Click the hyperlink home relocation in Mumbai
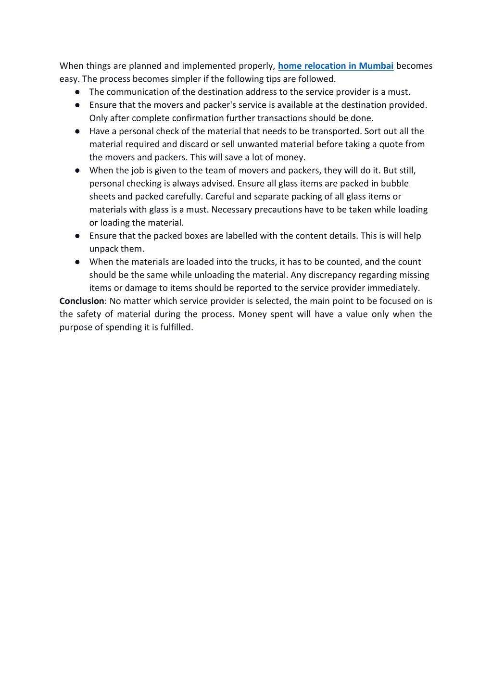(335, 66)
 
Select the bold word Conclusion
(82, 301)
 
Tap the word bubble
(394, 183)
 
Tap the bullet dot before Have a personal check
(77, 131)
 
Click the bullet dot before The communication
(77, 92)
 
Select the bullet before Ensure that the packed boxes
(77, 236)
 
